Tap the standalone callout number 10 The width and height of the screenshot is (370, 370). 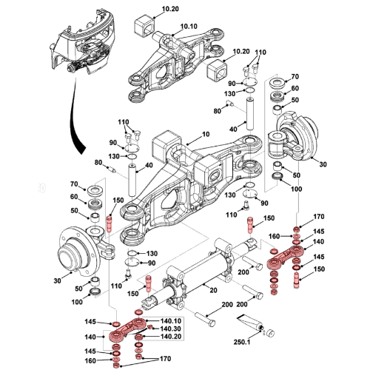[x=205, y=134]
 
